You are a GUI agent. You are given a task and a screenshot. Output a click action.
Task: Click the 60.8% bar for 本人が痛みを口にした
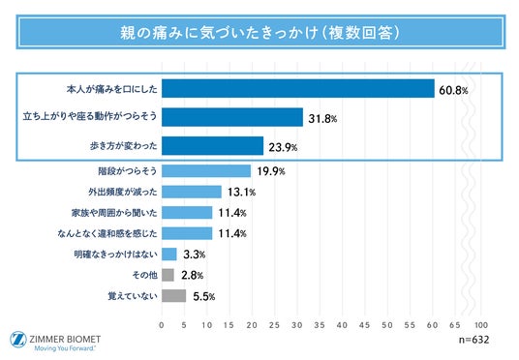pyautogui.click(x=298, y=88)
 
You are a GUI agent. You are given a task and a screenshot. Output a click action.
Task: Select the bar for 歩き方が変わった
pyautogui.click(x=212, y=145)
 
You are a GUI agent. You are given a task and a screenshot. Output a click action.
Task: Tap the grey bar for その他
pyautogui.click(x=168, y=275)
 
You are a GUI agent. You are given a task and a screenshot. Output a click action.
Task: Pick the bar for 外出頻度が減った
pyautogui.click(x=192, y=192)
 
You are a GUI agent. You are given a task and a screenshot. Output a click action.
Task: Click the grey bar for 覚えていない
pyautogui.click(x=173, y=296)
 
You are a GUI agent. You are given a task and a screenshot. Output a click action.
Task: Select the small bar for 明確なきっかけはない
pyautogui.click(x=169, y=255)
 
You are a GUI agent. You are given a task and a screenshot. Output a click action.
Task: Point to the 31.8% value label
pyautogui.click(x=322, y=118)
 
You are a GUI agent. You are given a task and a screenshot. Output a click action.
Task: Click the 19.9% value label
pyautogui.click(x=271, y=171)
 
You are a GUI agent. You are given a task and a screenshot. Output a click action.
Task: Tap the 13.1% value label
pyautogui.click(x=242, y=193)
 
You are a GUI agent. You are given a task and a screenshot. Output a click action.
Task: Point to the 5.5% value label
pyautogui.click(x=204, y=296)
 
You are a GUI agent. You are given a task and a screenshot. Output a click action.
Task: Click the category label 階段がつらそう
pyautogui.click(x=128, y=171)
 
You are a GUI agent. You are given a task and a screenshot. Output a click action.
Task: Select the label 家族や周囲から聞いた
pyautogui.click(x=114, y=213)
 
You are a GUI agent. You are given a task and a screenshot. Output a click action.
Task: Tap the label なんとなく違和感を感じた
pyautogui.click(x=107, y=233)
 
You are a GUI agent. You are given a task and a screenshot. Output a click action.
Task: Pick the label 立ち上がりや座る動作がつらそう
pyautogui.click(x=90, y=116)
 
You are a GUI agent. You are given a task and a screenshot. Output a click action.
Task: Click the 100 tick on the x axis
pyautogui.click(x=481, y=325)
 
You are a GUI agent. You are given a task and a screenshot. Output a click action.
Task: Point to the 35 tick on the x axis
pyautogui.click(x=320, y=325)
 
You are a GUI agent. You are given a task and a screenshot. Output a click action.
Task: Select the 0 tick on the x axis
pyautogui.click(x=162, y=325)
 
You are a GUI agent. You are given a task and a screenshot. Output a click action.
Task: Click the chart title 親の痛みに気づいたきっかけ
pyautogui.click(x=219, y=33)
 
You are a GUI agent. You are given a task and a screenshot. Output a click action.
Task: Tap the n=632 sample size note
pyautogui.click(x=474, y=340)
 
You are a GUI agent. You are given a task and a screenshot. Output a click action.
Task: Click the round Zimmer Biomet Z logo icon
pyautogui.click(x=18, y=340)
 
